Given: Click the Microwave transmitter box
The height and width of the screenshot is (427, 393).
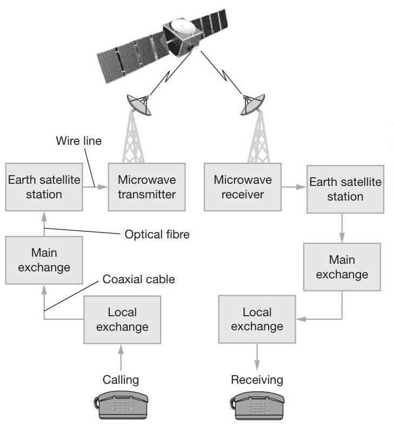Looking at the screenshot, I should [x=146, y=186].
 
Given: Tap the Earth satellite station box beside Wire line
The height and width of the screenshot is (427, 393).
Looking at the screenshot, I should [x=44, y=186].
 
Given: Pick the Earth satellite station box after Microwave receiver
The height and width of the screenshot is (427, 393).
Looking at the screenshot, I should [x=345, y=189].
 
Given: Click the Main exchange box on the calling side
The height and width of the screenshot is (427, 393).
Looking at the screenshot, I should [x=44, y=260].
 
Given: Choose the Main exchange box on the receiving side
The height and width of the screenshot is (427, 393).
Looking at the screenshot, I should [x=342, y=267].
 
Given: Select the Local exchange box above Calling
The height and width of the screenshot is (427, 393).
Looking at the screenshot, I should [x=122, y=319].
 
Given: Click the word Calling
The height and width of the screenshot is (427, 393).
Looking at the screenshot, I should [x=121, y=379].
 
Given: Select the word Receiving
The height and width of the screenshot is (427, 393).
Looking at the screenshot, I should [x=257, y=379].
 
